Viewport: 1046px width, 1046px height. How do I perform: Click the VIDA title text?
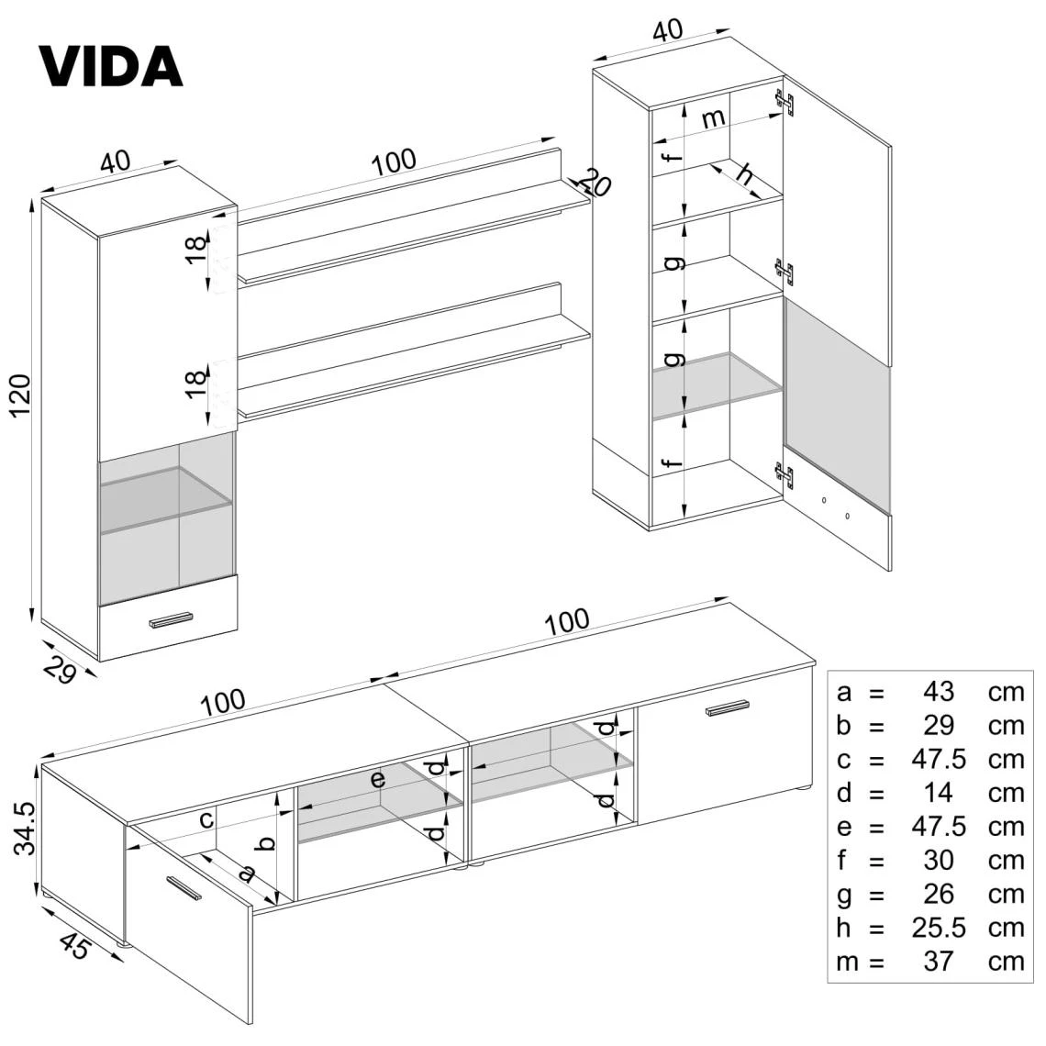[110, 65]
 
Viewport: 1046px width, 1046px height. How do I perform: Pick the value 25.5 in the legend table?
[940, 928]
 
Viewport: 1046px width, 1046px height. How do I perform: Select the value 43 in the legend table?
[940, 691]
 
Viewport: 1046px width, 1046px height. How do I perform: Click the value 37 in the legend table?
[940, 962]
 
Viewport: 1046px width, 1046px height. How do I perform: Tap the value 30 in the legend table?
[940, 860]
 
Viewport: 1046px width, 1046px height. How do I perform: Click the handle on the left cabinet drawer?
[172, 620]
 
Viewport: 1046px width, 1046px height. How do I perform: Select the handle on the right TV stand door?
[728, 707]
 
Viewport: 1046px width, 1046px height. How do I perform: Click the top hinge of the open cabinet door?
[784, 103]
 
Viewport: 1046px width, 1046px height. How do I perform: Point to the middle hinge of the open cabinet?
[784, 271]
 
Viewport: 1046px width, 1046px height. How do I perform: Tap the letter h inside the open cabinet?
[745, 173]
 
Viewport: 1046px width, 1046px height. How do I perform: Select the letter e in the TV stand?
[377, 780]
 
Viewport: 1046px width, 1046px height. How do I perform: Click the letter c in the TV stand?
[207, 819]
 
